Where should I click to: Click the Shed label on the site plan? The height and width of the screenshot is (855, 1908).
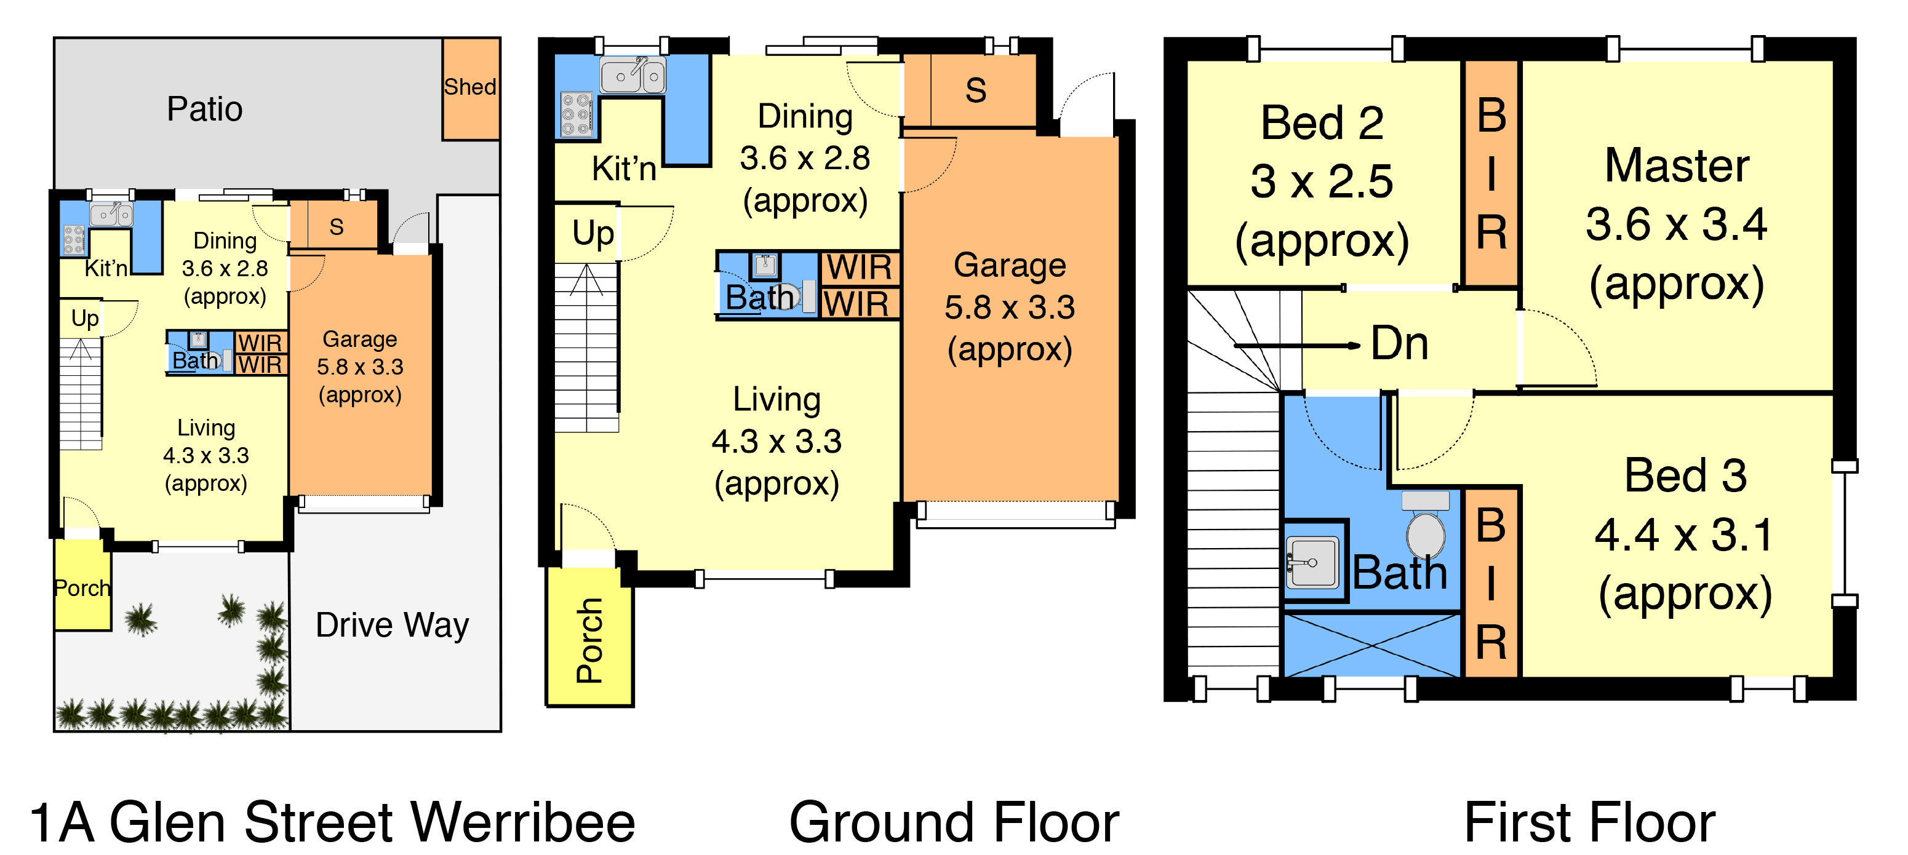pos(469,87)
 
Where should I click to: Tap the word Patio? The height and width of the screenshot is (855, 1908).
pos(204,109)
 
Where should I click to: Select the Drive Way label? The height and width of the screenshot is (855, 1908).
pos(392,626)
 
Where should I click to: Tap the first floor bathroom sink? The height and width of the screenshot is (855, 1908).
pos(1312,563)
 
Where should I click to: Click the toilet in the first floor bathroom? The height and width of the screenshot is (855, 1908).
pos(1425,525)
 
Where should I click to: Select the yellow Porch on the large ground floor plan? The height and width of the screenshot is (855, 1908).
pos(589,637)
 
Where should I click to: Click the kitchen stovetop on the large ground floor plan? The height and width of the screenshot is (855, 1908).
pos(577,115)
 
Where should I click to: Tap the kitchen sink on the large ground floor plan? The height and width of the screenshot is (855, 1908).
pos(633,75)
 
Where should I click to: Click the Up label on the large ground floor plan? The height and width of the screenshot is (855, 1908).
pos(593,234)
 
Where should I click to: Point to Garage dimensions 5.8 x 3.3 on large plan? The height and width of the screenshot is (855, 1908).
pos(1010,307)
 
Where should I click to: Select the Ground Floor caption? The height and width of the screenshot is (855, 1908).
pos(954,822)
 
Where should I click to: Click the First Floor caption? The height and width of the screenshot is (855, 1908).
pos(1589,822)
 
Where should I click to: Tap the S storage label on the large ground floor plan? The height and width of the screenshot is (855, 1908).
pos(975,90)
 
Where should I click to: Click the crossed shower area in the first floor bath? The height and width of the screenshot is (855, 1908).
pos(1371,644)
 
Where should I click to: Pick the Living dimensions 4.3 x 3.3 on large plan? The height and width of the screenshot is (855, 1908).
pos(776,442)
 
